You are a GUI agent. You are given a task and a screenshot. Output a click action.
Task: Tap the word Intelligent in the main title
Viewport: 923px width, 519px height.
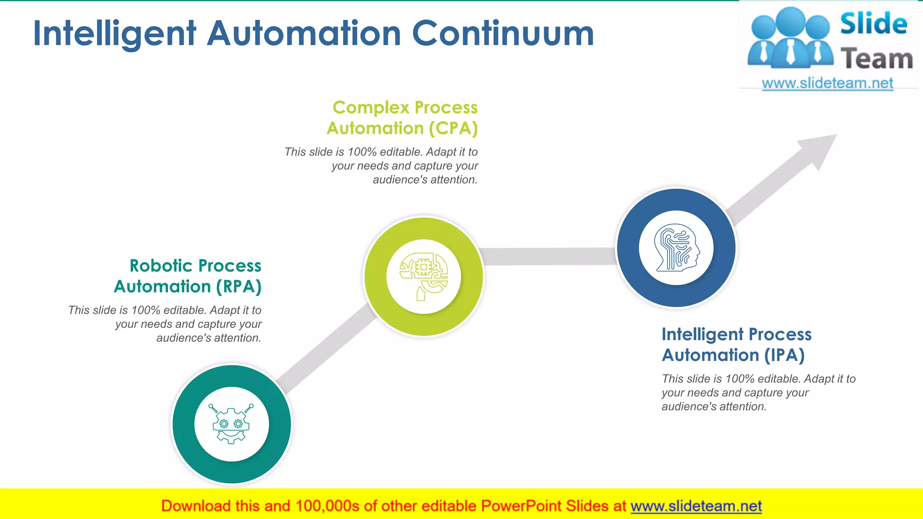[x=114, y=33]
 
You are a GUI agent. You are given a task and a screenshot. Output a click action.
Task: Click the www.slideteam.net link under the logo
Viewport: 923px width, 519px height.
[x=827, y=83]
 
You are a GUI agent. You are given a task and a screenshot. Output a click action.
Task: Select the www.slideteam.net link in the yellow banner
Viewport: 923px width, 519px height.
[x=696, y=506]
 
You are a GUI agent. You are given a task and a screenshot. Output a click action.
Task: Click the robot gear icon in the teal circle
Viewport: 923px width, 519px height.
[x=231, y=424]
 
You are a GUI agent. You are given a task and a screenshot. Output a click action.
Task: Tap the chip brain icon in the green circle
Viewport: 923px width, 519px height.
[x=424, y=277]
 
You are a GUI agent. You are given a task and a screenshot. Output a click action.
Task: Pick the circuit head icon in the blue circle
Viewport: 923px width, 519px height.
[x=676, y=248]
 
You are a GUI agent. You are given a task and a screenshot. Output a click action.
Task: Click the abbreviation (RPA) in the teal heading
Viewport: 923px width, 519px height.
[x=239, y=287]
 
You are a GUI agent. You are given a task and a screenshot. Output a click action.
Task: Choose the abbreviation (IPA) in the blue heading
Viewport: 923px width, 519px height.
[x=784, y=355]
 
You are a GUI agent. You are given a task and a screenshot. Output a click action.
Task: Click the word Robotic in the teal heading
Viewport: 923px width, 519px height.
[x=161, y=266]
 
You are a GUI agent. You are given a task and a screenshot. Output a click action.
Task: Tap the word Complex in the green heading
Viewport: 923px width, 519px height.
[x=370, y=108]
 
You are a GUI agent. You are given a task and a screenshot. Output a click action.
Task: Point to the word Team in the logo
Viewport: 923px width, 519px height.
[x=877, y=59]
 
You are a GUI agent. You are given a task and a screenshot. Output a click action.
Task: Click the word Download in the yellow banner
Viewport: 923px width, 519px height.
[x=196, y=506]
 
